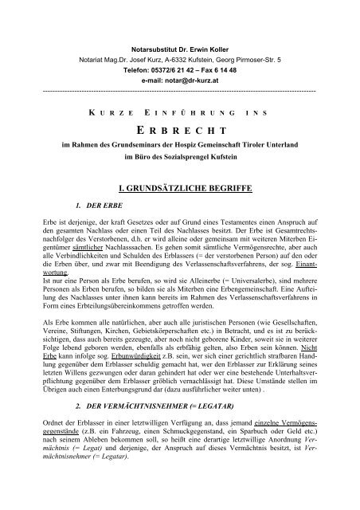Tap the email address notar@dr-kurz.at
[190, 59]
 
